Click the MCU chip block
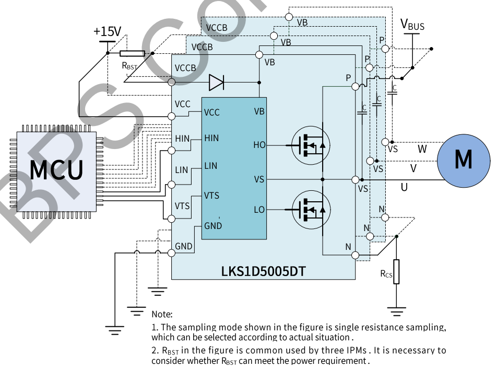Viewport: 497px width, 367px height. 56,171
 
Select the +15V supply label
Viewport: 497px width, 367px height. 107,31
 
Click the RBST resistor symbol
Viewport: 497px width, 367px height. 132,53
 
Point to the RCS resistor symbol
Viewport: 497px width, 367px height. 396,272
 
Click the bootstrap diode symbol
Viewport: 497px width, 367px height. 216,82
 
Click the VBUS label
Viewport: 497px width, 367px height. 412,24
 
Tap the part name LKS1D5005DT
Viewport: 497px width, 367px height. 263,271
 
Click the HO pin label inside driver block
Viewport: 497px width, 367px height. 259,145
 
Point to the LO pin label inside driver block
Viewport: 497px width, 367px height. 259,210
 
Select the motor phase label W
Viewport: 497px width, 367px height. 422,149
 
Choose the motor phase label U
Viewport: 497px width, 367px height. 404,187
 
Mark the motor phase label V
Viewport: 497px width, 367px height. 413,168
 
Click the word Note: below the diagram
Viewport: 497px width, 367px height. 162,314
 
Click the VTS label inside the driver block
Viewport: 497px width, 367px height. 212,196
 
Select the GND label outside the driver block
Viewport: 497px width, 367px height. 183,246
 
